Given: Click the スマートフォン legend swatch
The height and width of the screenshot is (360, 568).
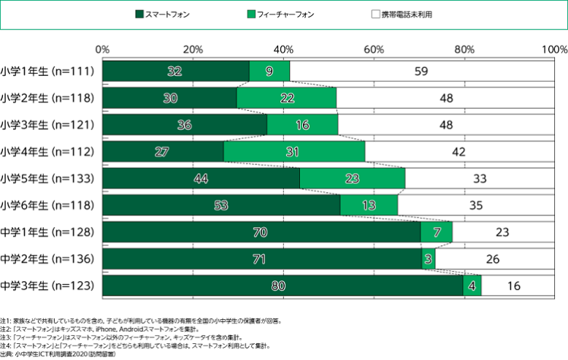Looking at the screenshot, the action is tap(139, 15).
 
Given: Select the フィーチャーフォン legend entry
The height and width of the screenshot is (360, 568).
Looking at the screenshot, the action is tap(280, 15).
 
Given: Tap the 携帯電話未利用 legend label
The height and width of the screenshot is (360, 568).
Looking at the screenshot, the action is tap(407, 15).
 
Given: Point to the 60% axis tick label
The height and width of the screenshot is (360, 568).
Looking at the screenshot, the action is tap(374, 50).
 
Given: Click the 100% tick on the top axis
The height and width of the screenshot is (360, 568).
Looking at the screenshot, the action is tap(555, 50).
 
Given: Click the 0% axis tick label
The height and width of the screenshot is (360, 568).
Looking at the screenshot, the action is tap(102, 50).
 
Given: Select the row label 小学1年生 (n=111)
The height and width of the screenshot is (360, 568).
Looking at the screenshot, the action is tap(47, 71).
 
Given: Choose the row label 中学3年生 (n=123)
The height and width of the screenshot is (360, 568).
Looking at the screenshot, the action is tap(47, 286).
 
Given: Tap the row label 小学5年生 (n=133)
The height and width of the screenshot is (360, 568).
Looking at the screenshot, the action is tap(47, 179).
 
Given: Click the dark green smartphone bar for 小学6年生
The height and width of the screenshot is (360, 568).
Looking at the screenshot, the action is tap(221, 205).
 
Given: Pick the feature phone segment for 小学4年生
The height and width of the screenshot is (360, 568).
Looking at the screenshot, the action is tap(294, 152).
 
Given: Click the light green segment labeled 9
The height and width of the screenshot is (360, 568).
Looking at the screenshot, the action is tap(269, 71).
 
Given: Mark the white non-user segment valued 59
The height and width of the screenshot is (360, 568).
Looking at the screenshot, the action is tap(422, 71).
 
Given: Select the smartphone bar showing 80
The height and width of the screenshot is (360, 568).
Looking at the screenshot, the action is tap(283, 286).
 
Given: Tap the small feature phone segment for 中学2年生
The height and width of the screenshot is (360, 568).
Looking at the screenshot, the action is tap(429, 259).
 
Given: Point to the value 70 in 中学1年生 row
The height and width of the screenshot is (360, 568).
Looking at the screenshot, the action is tap(260, 232).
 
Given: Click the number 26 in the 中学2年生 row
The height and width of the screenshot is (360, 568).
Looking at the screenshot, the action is tap(493, 259).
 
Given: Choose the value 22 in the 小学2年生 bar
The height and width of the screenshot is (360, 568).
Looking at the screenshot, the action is tap(287, 98).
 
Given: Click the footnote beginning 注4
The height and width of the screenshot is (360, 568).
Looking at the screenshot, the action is tap(135, 346).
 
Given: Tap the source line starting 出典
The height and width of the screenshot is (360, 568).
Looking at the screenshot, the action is tap(58, 354).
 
